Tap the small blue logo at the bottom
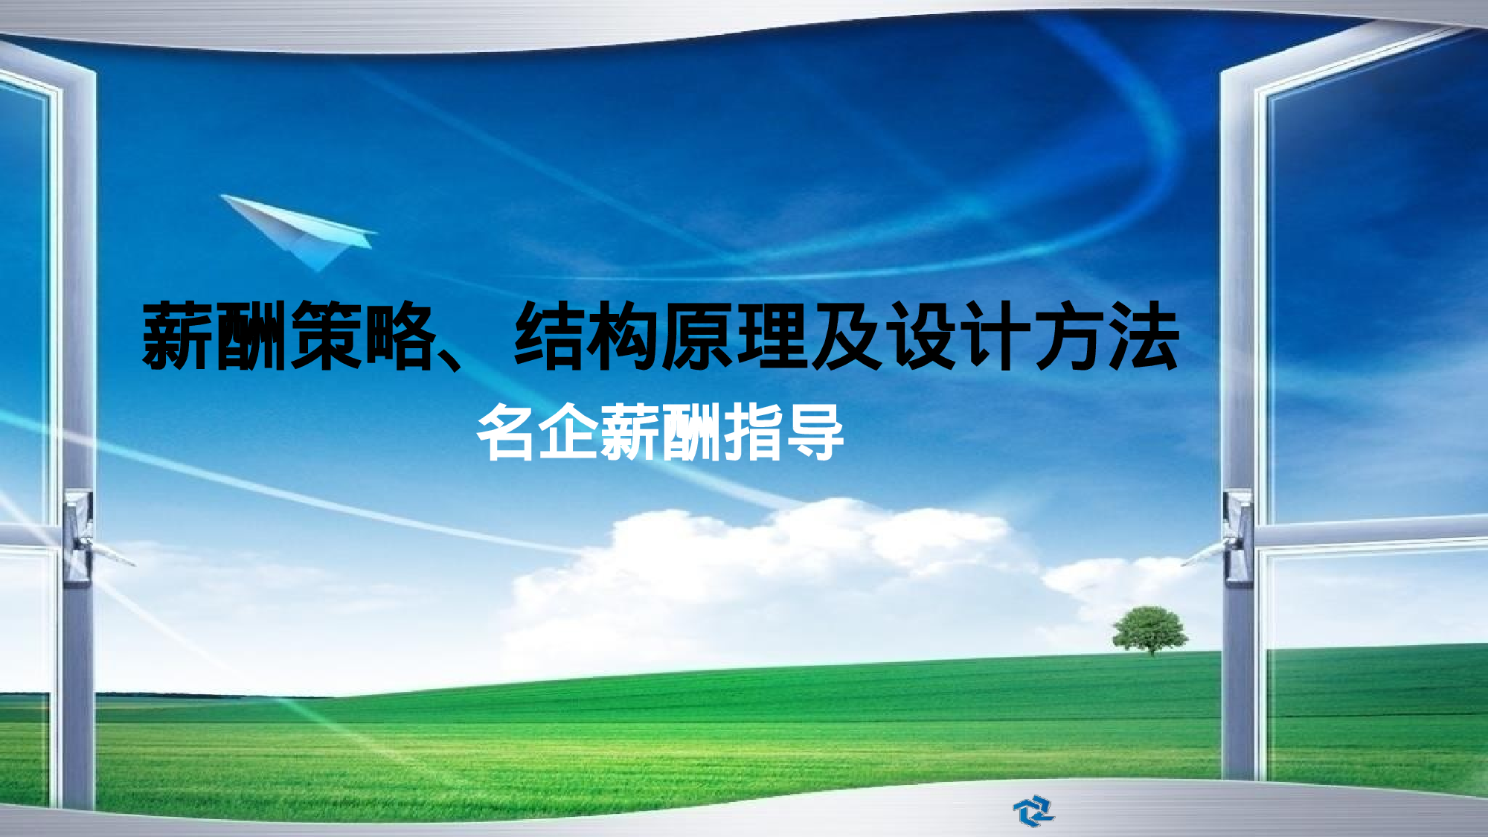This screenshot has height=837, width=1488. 1033,810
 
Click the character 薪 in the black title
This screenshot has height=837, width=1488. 177,336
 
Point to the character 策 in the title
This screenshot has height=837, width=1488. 326,336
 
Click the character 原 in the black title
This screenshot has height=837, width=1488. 698,336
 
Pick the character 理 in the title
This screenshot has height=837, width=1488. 772,336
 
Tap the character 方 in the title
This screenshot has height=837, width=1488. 1070,336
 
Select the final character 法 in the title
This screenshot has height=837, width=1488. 1144,336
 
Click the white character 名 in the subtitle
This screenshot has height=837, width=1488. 506,432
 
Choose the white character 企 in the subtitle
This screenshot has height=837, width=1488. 568,432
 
